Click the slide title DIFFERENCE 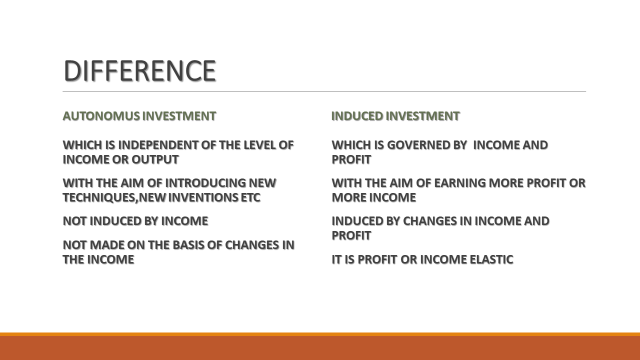pyautogui.click(x=139, y=71)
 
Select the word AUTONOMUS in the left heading pyautogui.click(x=97, y=116)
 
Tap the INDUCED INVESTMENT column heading pyautogui.click(x=395, y=116)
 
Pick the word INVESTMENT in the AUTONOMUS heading pyautogui.click(x=174, y=116)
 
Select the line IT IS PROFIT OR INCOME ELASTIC pyautogui.click(x=422, y=259)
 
